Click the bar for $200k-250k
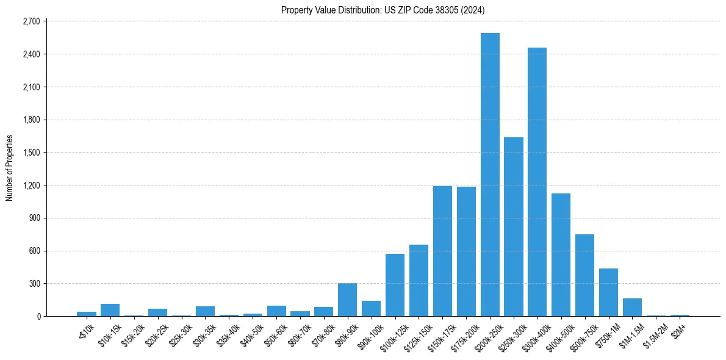point(490,175)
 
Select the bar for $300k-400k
point(537,182)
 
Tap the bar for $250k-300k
point(514,227)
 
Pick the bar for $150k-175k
point(442,251)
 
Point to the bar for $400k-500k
point(561,255)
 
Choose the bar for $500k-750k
point(584,275)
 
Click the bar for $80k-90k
point(348,300)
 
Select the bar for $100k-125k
point(395,285)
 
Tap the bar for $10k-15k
point(110,310)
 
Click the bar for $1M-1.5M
point(632,308)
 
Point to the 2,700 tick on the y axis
point(31,21)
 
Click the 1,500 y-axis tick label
point(31,153)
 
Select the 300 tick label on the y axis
point(34,284)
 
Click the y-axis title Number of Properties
point(9,168)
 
